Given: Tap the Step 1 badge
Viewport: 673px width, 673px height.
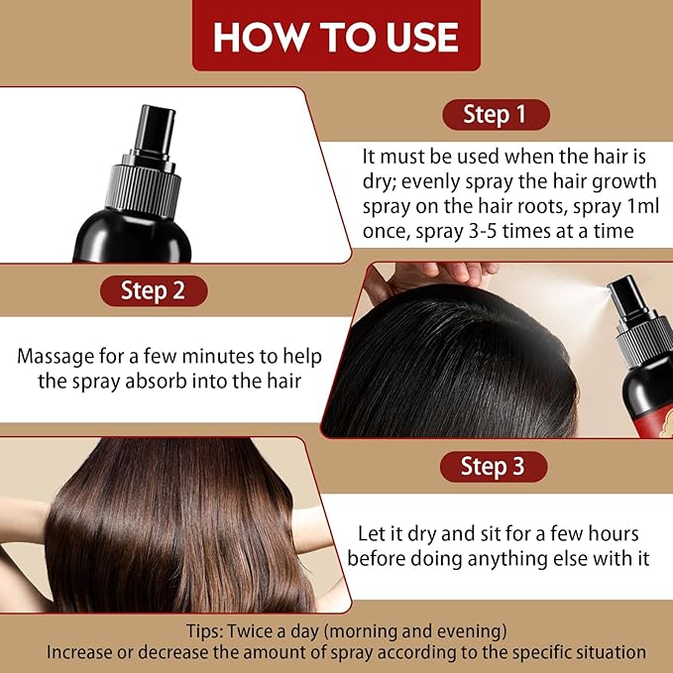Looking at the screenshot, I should pos(494,114).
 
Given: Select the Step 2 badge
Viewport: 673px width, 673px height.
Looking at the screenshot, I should pos(153,290).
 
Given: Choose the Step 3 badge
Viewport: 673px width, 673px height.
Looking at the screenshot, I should pos(493,465).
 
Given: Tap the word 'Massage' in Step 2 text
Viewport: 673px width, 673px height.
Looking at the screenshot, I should pos(62,356).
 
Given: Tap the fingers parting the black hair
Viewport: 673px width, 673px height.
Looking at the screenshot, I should pos(436,274).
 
